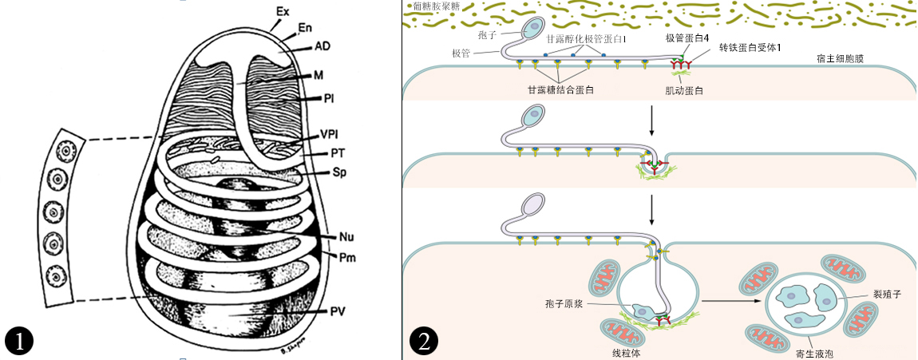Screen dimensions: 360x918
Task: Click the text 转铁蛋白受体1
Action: [750, 48]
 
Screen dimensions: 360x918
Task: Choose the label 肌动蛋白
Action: [683, 90]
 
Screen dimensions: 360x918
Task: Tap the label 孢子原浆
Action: [565, 304]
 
